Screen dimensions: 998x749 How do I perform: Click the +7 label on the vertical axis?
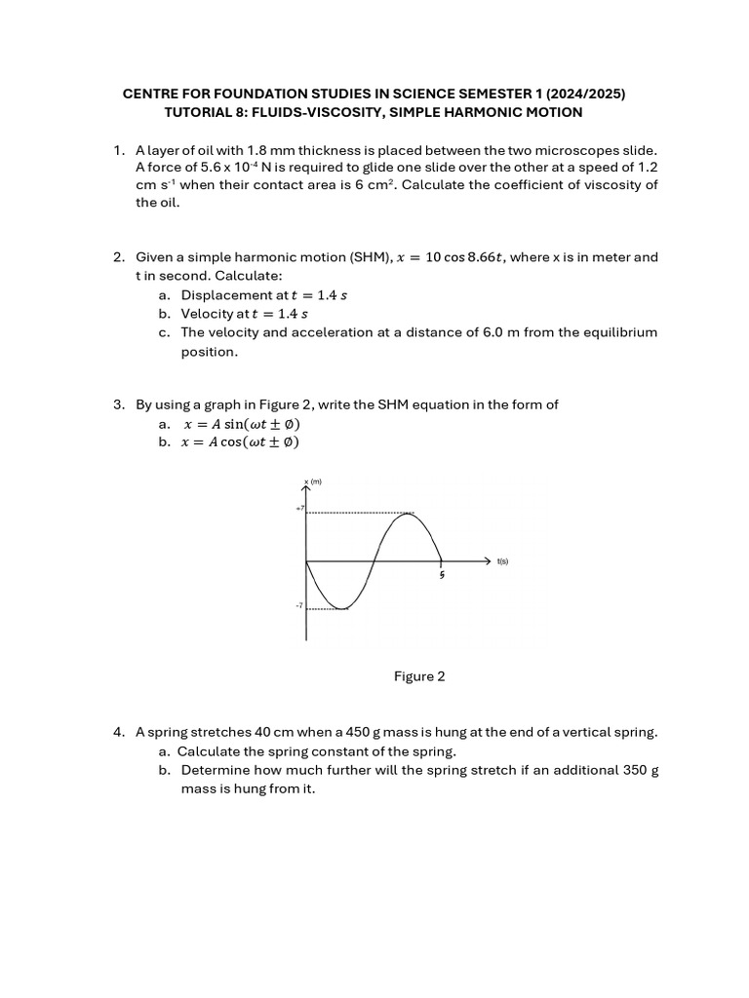pos(300,509)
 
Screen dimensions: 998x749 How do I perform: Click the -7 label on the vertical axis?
pos(300,606)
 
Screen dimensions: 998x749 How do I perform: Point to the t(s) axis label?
pos(502,561)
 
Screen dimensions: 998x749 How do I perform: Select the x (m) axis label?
pos(313,481)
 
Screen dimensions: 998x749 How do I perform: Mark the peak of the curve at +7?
pos(407,514)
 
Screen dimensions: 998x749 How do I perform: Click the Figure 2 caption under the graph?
pos(419,676)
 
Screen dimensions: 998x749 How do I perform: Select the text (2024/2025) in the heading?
pos(586,94)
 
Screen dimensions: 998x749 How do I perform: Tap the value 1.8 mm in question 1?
pos(263,150)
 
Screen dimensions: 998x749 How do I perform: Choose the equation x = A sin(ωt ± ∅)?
pos(242,424)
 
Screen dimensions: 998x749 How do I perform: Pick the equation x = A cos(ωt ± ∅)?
pos(242,441)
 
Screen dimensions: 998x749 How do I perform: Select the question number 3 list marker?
pos(118,404)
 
